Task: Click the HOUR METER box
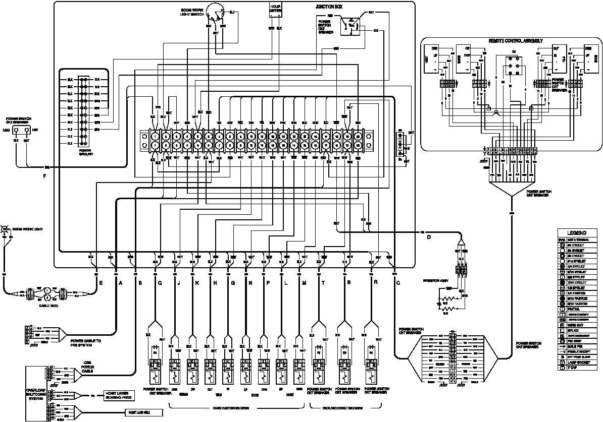click(x=275, y=9)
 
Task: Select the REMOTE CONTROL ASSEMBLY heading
click(x=515, y=40)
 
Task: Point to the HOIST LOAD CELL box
click(x=144, y=412)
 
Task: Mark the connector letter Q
click(x=160, y=283)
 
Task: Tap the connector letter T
click(x=323, y=283)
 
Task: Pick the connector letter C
click(x=398, y=283)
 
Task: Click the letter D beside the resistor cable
click(x=429, y=237)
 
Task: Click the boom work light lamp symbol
click(x=5, y=229)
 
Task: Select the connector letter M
click(x=304, y=283)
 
